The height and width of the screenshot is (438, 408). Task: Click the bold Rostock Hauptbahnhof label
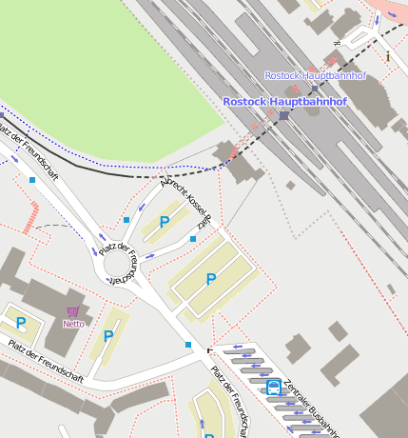tap(284, 101)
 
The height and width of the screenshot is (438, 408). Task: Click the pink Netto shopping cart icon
tap(73, 311)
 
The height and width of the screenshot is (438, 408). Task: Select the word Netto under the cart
tap(73, 324)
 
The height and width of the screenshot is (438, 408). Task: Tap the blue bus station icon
tap(273, 387)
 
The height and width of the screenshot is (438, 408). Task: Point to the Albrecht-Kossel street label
tap(186, 201)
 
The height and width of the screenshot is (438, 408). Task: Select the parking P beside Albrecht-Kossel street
tap(165, 222)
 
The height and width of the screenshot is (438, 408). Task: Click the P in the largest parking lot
tap(210, 279)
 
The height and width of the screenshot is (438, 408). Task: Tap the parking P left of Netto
tap(20, 324)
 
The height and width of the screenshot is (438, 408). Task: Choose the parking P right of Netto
tap(108, 336)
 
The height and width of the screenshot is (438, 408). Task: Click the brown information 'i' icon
tap(387, 56)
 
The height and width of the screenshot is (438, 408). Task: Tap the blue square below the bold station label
tap(283, 115)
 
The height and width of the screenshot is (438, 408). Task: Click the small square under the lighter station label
tap(314, 88)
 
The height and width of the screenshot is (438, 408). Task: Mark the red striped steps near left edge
tap(32, 216)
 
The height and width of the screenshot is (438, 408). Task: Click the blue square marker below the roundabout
tap(188, 345)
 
